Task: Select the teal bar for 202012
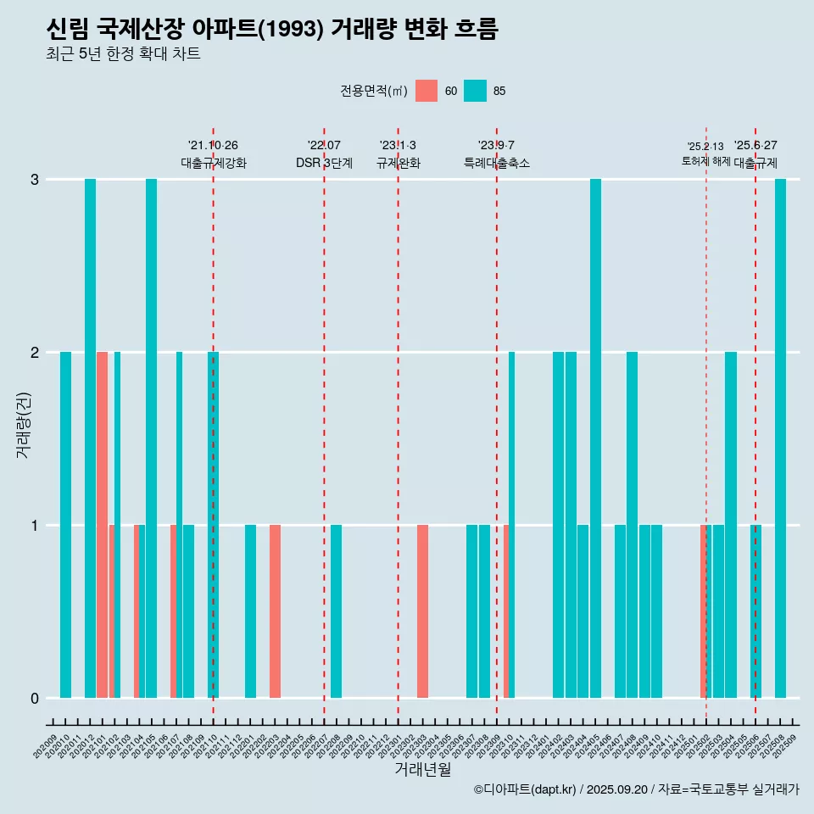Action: point(90,438)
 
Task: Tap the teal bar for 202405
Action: point(595,438)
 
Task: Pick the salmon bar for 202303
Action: point(422,611)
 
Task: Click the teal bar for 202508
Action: point(780,438)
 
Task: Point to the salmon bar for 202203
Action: point(275,611)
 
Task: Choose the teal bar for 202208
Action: point(337,611)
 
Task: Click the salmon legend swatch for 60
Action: point(427,91)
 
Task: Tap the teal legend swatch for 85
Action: point(475,91)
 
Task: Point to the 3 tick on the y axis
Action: point(35,180)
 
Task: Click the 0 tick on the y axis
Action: point(35,699)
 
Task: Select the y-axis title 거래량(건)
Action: point(23,424)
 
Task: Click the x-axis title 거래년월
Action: point(422,769)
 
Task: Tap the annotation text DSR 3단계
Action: point(324,163)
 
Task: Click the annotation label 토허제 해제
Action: point(705,161)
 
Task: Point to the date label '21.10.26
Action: point(213,145)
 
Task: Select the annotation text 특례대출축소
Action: point(497,163)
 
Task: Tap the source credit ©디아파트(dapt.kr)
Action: point(526,789)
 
